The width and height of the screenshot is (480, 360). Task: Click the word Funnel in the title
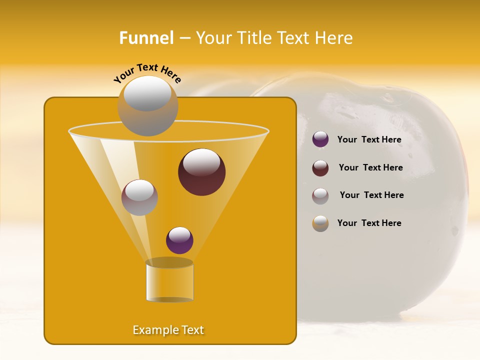tap(146, 38)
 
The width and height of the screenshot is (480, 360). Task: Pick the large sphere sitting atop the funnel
tap(147, 106)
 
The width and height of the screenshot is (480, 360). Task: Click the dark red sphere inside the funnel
tap(201, 172)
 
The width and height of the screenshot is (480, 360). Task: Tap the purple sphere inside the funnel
tap(179, 240)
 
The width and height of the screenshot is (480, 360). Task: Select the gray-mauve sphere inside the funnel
tap(139, 197)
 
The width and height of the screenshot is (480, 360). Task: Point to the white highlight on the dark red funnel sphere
tap(201, 162)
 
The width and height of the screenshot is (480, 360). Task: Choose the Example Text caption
tap(168, 330)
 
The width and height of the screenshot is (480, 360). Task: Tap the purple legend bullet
tap(320, 139)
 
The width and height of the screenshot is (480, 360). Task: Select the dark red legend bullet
tap(320, 168)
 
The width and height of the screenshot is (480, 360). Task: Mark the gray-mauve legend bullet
tap(320, 195)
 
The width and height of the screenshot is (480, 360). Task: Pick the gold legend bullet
tap(320, 223)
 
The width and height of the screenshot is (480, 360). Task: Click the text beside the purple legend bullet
tap(369, 139)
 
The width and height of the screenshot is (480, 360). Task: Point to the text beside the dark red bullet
tap(370, 167)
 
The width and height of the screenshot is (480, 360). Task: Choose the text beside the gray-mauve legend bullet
tap(371, 195)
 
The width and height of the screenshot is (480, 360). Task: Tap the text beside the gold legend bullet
tap(369, 223)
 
